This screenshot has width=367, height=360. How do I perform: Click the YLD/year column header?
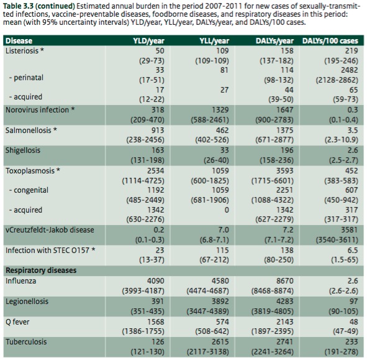pyautogui.click(x=148, y=41)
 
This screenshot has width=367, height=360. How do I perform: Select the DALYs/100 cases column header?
pyautogui.click(x=330, y=41)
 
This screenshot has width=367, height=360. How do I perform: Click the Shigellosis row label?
pyautogui.click(x=23, y=150)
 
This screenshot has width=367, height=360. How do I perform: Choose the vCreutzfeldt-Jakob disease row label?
pyautogui.click(x=50, y=230)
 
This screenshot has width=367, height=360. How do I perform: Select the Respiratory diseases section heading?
pyautogui.click(x=41, y=270)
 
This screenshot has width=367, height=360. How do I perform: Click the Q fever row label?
pyautogui.click(x=17, y=322)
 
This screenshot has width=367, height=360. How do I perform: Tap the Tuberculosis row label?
pyautogui.click(x=26, y=342)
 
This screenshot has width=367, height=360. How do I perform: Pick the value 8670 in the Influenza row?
pyautogui.click(x=284, y=281)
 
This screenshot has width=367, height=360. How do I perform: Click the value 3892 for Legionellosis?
pyautogui.click(x=220, y=301)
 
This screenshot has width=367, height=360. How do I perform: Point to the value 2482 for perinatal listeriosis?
pyautogui.click(x=349, y=70)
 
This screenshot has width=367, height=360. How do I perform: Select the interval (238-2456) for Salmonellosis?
pyautogui.click(x=145, y=140)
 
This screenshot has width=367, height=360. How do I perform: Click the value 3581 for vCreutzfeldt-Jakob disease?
pyautogui.click(x=349, y=230)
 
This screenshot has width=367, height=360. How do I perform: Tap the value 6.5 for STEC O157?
pyautogui.click(x=353, y=251)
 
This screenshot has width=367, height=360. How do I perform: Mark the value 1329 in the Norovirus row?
pyautogui.click(x=220, y=109)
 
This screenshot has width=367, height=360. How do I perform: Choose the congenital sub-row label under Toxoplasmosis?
pyautogui.click(x=29, y=190)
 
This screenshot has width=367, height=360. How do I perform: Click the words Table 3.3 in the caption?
pyautogui.click(x=18, y=6)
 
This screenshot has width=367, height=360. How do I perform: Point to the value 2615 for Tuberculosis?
pyautogui.click(x=220, y=342)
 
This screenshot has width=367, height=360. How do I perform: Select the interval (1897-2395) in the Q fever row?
pyautogui.click(x=273, y=331)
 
